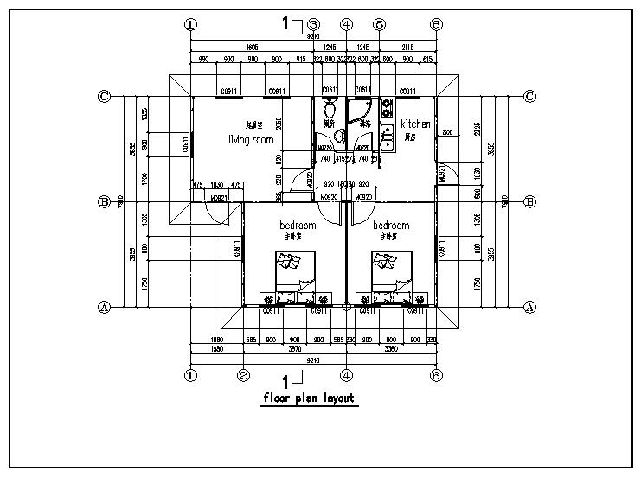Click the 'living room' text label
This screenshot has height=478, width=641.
[251, 139]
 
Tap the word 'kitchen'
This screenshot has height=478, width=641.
[415, 124]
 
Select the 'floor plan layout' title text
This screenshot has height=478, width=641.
[310, 398]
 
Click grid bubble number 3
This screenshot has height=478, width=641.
[313, 24]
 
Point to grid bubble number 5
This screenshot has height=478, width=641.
[379, 24]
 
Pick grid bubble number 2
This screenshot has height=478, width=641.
[244, 375]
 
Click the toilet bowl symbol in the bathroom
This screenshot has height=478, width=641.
[330, 110]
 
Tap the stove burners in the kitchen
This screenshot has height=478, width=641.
[385, 109]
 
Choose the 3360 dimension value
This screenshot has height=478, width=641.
[391, 350]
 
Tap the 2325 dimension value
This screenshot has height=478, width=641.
[478, 130]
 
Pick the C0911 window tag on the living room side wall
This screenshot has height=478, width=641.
[185, 145]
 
